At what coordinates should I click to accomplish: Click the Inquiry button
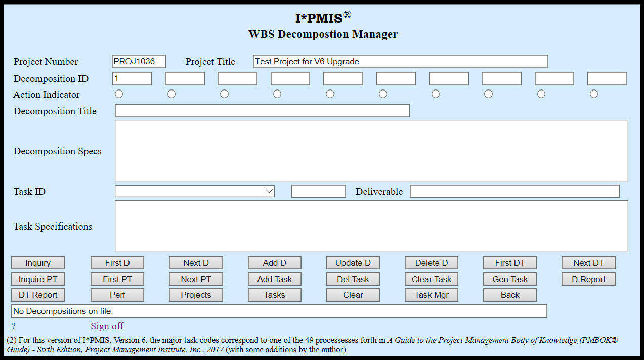point(38,263)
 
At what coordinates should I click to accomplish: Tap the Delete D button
point(432,263)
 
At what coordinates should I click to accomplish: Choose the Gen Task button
point(510,279)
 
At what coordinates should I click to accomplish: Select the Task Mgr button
point(432,295)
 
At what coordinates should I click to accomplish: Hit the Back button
point(510,295)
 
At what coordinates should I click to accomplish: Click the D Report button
point(588,279)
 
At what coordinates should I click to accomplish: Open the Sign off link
point(107,326)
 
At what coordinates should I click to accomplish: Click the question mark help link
point(13,326)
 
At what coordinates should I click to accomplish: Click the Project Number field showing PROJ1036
point(139,62)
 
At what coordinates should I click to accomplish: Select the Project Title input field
point(400,62)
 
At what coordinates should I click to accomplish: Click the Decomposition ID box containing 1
point(132,79)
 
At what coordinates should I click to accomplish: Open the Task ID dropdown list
point(195,191)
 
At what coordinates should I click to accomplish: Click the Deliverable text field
point(514,191)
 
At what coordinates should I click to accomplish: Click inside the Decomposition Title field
point(262,111)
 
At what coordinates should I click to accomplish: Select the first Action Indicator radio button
point(119,94)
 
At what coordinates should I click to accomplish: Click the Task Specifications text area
point(371,226)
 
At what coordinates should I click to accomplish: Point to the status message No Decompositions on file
point(279,311)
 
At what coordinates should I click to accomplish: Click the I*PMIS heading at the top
point(322,18)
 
